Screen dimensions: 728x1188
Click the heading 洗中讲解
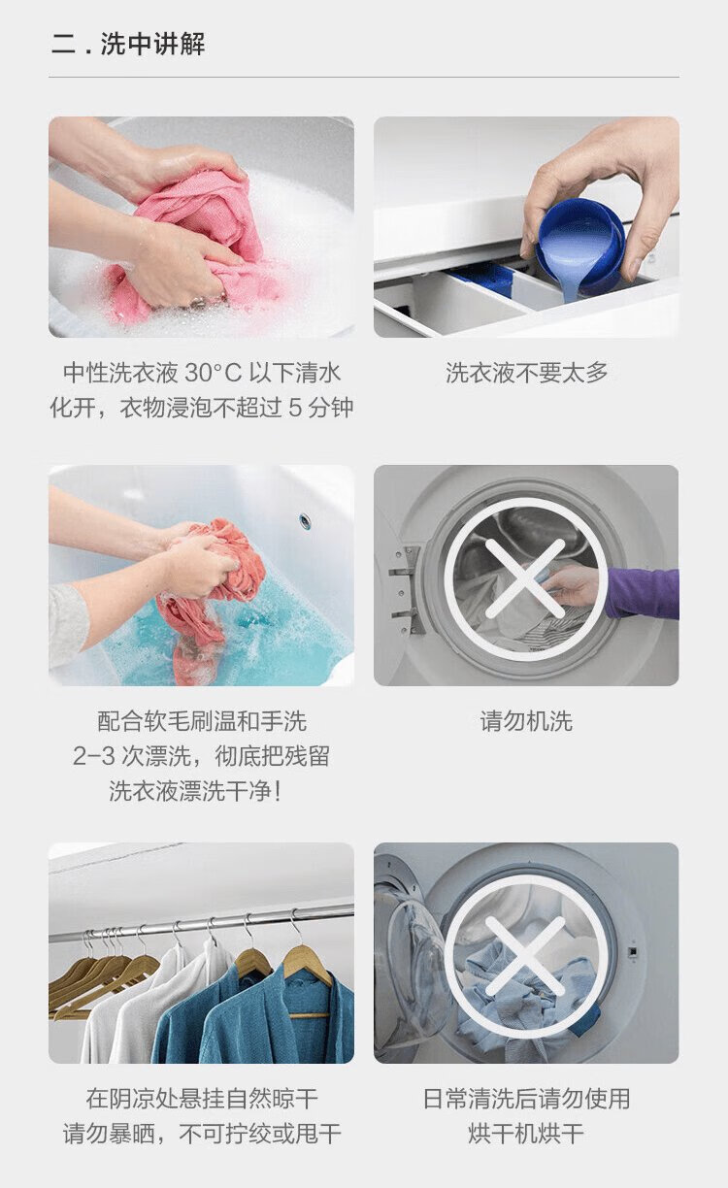point(152,44)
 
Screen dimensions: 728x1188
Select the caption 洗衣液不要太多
point(526,373)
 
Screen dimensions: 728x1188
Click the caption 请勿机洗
point(526,721)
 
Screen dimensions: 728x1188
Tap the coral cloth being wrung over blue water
point(212,589)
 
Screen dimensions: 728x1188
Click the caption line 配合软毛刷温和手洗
point(202,721)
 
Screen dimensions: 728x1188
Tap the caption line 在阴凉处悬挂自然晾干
point(202,1099)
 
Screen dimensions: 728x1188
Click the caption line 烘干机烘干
point(526,1134)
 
